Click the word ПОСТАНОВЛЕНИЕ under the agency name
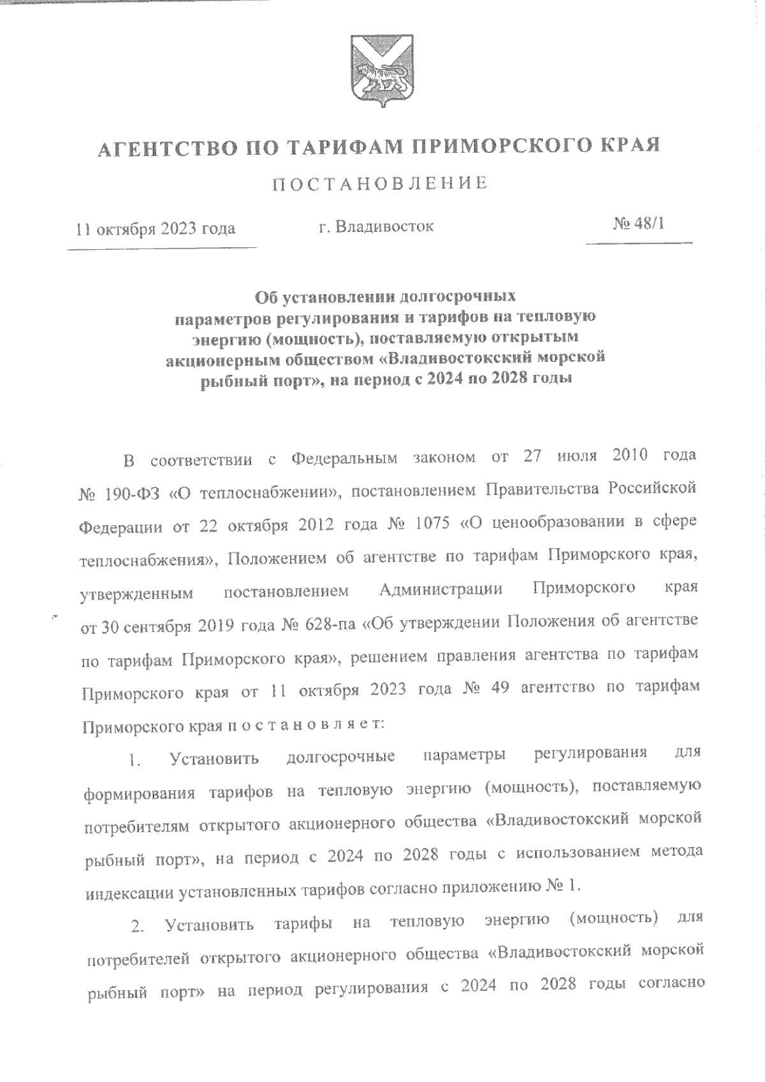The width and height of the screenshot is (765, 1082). (x=381, y=184)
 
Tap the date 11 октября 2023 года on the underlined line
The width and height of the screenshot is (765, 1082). (x=156, y=229)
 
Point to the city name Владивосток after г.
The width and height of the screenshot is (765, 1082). (x=384, y=226)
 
